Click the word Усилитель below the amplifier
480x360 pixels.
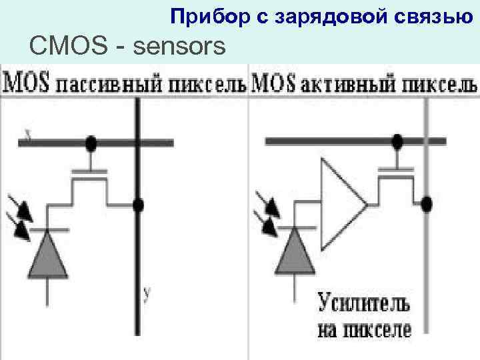click(x=363, y=306)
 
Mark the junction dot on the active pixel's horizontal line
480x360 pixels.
click(x=398, y=141)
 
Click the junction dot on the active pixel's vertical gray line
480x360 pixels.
click(x=427, y=204)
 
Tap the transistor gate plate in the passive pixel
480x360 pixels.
click(x=89, y=171)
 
